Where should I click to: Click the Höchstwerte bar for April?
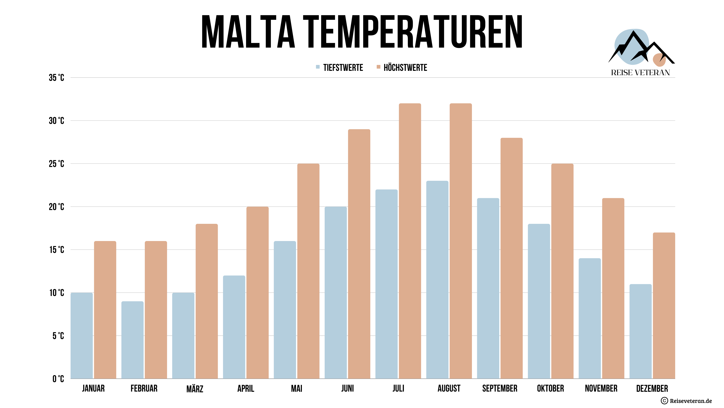[x=257, y=293]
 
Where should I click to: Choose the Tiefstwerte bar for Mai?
[x=285, y=310]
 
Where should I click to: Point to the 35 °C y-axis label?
[x=57, y=78]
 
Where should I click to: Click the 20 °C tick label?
[x=57, y=207]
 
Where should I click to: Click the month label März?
[x=195, y=389]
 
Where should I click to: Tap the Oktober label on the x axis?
[x=550, y=389]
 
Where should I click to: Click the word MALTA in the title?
[x=248, y=32]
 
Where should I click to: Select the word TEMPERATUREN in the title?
[x=413, y=32]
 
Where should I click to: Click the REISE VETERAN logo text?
[x=640, y=73]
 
